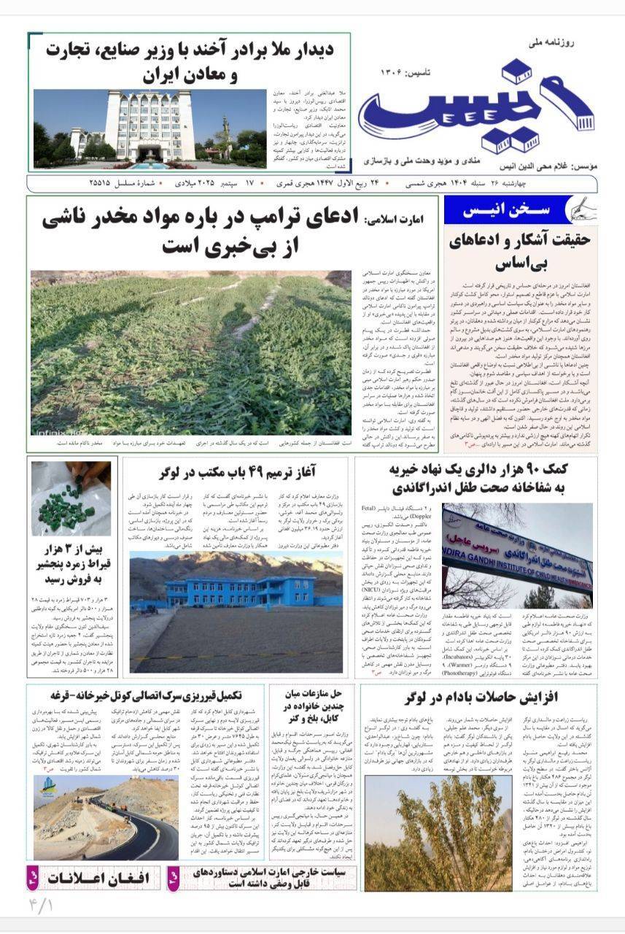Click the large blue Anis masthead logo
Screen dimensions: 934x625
pos(474,106)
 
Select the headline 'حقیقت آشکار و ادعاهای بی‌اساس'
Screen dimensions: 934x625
pos(521,251)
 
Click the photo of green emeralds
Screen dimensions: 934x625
pos(71,498)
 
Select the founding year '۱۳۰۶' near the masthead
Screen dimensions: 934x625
pos(396,72)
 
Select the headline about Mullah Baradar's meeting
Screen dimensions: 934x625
pos(190,61)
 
